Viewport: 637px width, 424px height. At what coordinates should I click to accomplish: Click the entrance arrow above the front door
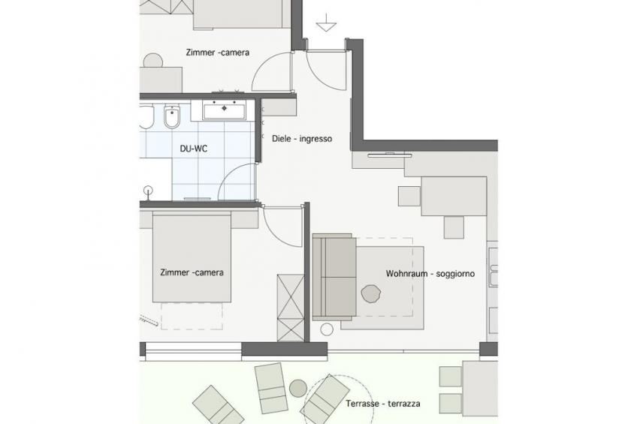coord(326,23)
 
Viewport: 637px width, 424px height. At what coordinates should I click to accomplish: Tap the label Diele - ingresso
coord(302,139)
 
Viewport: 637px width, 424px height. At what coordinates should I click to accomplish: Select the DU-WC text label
coord(193,149)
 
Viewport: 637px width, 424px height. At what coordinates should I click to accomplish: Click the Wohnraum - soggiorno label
coord(430,274)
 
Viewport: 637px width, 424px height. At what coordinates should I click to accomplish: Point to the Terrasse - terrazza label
coord(383,404)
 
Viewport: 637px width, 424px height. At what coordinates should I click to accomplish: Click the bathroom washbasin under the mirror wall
coord(225,111)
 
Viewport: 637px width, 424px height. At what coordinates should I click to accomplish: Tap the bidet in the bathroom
coord(172,117)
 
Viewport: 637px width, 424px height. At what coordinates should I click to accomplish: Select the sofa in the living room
coord(334,277)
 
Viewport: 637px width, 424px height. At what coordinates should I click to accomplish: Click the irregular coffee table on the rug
coord(370,293)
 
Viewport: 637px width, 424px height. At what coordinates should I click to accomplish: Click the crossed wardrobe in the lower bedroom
coord(291,308)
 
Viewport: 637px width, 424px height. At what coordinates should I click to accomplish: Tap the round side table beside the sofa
coord(327,329)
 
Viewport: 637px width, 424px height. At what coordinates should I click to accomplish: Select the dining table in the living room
coord(454,197)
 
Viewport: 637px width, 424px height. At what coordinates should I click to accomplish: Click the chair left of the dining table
coord(409,196)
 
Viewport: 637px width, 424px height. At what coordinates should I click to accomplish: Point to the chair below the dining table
coord(454,227)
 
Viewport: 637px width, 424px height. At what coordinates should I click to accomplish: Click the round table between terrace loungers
coord(298,389)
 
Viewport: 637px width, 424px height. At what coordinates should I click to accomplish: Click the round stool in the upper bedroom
coord(153,61)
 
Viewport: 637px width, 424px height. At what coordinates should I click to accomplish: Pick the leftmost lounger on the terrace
coord(218,406)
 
